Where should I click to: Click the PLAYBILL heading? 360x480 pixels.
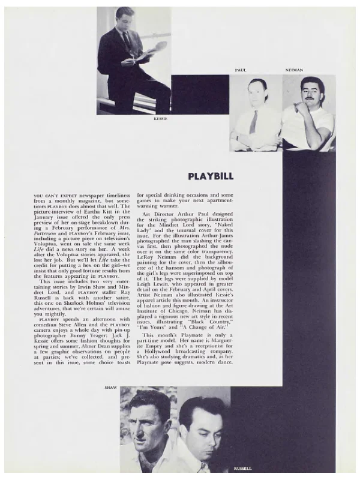tap(211, 176)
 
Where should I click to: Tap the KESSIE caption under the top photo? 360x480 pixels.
tap(160, 119)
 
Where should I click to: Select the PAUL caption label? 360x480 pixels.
tap(241, 71)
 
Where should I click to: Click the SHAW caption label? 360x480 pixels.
tap(111, 388)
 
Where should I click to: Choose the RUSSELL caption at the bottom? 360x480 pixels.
tap(243, 468)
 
